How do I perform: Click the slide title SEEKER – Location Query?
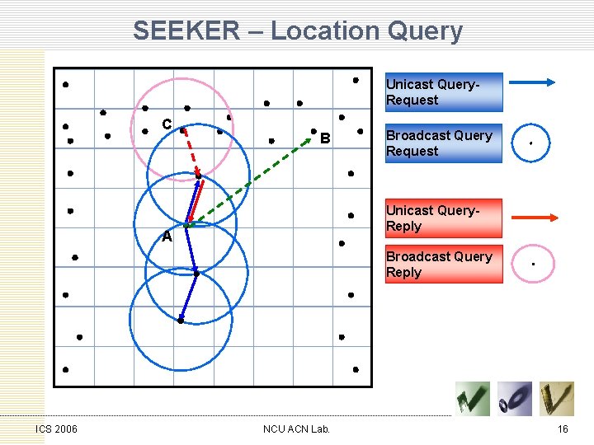click(297, 31)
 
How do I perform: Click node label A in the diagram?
click(167, 237)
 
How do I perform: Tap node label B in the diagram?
click(325, 138)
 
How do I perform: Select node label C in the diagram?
click(167, 124)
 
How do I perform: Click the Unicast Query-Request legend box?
click(444, 92)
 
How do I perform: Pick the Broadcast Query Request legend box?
click(444, 143)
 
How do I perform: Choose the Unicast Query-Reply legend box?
click(444, 218)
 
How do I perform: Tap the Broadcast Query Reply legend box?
click(444, 265)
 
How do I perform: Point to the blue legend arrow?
click(532, 82)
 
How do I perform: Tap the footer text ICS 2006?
click(56, 429)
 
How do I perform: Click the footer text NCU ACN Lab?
click(296, 429)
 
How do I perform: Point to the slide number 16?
click(563, 429)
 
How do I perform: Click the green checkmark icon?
click(473, 399)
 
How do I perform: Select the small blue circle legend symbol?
click(531, 143)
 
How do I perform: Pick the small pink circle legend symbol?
click(533, 265)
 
